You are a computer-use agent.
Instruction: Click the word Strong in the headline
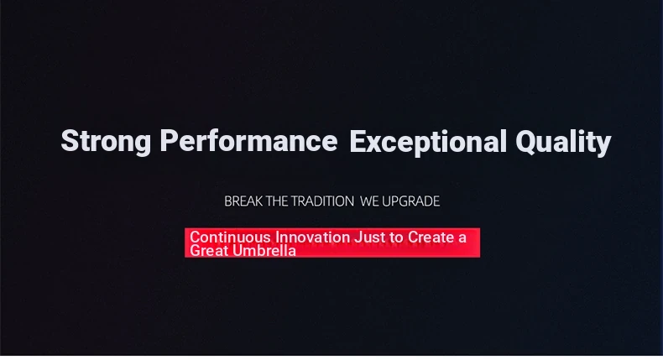pyautogui.click(x=106, y=142)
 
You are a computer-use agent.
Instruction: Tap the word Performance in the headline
pyautogui.click(x=248, y=140)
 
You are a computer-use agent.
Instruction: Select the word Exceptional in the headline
pyautogui.click(x=428, y=143)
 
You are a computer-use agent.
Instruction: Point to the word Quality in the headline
pyautogui.click(x=563, y=143)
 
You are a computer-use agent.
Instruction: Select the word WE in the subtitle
pyautogui.click(x=369, y=201)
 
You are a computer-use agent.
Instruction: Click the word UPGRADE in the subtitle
pyautogui.click(x=411, y=201)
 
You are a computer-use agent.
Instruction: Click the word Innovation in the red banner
pyautogui.click(x=312, y=237)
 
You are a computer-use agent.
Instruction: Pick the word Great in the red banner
pyautogui.click(x=209, y=250)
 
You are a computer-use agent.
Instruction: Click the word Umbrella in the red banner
pyautogui.click(x=264, y=250)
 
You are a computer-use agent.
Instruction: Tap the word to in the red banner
pyautogui.click(x=396, y=237)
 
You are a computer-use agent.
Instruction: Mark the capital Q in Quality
pyautogui.click(x=525, y=141)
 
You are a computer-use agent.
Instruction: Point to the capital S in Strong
pyautogui.click(x=70, y=140)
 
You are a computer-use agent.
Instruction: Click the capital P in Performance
pyautogui.click(x=169, y=140)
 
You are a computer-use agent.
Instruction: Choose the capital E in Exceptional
pyautogui.click(x=358, y=140)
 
